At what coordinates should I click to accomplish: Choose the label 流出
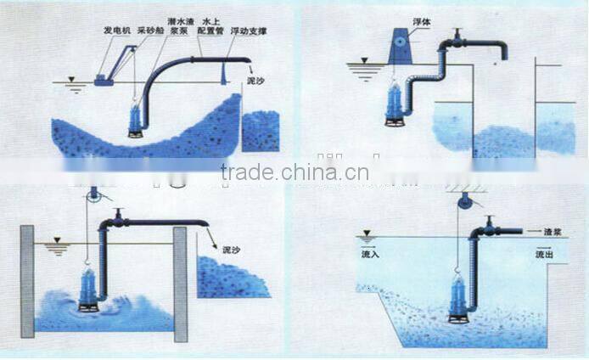coord(544,254)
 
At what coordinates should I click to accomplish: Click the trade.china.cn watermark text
coord(294,173)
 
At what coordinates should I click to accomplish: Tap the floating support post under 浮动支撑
coord(223,74)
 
